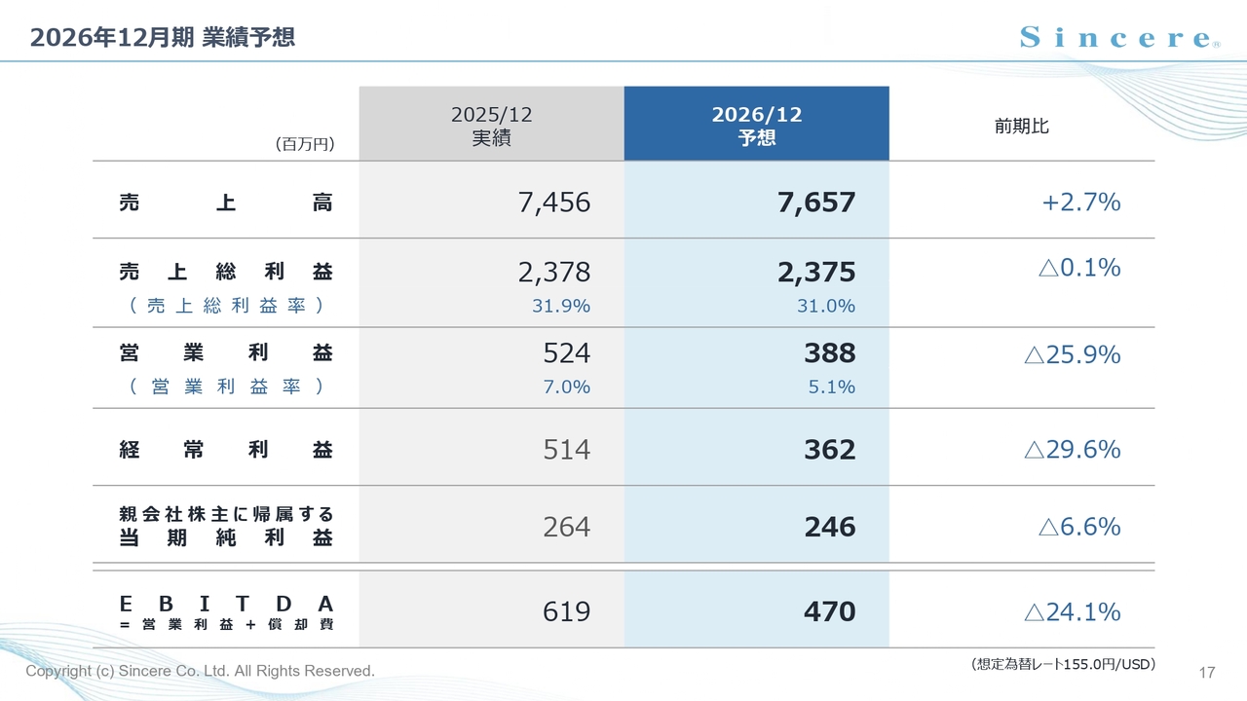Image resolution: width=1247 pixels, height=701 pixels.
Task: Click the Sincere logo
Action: pos(1120,37)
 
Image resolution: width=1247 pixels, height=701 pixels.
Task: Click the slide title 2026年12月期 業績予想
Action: pos(162,37)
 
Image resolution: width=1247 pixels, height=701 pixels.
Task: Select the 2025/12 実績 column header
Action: pos(492,126)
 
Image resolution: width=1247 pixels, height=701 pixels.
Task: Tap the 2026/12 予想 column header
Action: pos(757,126)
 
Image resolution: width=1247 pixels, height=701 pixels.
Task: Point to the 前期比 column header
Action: pos(1022,127)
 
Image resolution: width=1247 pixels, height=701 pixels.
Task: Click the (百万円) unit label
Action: pos(305,144)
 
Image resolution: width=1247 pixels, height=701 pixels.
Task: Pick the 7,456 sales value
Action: pos(554,202)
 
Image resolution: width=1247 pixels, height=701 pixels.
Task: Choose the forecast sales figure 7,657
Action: pos(816,202)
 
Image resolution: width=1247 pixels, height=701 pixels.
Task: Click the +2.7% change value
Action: pos(1081,202)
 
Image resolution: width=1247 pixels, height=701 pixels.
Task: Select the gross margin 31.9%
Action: pos(560,306)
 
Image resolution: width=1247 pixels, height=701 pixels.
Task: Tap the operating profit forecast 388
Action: pos(829,352)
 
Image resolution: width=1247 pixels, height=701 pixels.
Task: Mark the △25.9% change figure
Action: pos(1073,354)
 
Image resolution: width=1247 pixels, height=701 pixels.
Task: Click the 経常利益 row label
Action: pos(226,449)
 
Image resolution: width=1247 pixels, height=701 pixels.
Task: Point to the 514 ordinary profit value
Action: pos(566,450)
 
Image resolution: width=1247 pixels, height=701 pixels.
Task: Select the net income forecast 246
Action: pos(829,527)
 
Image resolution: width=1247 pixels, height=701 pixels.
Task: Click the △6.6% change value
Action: pos(1079,527)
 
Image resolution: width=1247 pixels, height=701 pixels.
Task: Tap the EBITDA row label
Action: pos(226,612)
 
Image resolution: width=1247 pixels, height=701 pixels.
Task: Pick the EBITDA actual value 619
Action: pos(566,611)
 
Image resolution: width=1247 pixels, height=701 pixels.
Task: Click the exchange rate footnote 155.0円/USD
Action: pos(1063,664)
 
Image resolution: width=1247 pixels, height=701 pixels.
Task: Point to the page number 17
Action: pos(1207,673)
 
